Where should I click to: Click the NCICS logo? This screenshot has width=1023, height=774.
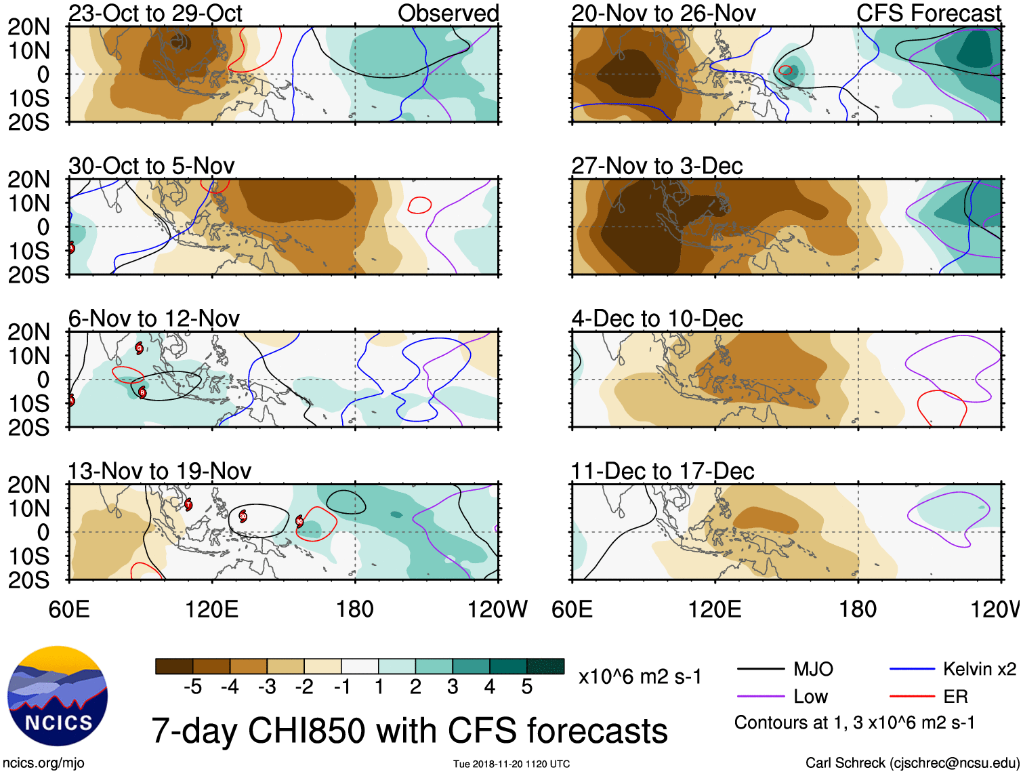(x=58, y=696)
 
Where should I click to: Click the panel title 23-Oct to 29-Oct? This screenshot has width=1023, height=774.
(x=155, y=13)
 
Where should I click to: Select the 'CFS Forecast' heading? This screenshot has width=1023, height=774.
(x=929, y=13)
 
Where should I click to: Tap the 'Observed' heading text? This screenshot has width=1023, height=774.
(x=448, y=13)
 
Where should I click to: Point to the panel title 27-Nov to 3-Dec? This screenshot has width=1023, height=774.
(x=657, y=166)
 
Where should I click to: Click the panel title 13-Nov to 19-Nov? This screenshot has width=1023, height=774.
(x=160, y=471)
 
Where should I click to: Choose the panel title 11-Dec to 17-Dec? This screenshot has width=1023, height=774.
(x=663, y=471)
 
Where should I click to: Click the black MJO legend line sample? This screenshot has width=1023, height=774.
(x=760, y=670)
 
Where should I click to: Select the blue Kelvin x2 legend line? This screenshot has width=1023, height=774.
(x=912, y=670)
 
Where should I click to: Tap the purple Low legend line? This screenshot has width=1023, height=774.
(x=760, y=697)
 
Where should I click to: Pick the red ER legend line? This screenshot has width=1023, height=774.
(x=912, y=697)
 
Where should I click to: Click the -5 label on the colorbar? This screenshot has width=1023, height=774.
(x=193, y=687)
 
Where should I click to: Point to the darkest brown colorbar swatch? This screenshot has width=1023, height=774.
(x=174, y=666)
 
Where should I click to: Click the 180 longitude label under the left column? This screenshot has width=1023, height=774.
(x=355, y=609)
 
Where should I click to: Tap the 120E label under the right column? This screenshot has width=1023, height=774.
(x=715, y=609)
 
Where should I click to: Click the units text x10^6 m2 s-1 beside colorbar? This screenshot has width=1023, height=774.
(x=640, y=676)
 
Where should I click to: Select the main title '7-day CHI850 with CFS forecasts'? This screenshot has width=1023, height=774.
(x=409, y=731)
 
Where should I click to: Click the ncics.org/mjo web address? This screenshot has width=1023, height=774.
(x=43, y=762)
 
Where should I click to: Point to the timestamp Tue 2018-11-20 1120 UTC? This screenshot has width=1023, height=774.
(x=511, y=764)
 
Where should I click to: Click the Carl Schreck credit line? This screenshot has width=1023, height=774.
(x=912, y=762)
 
